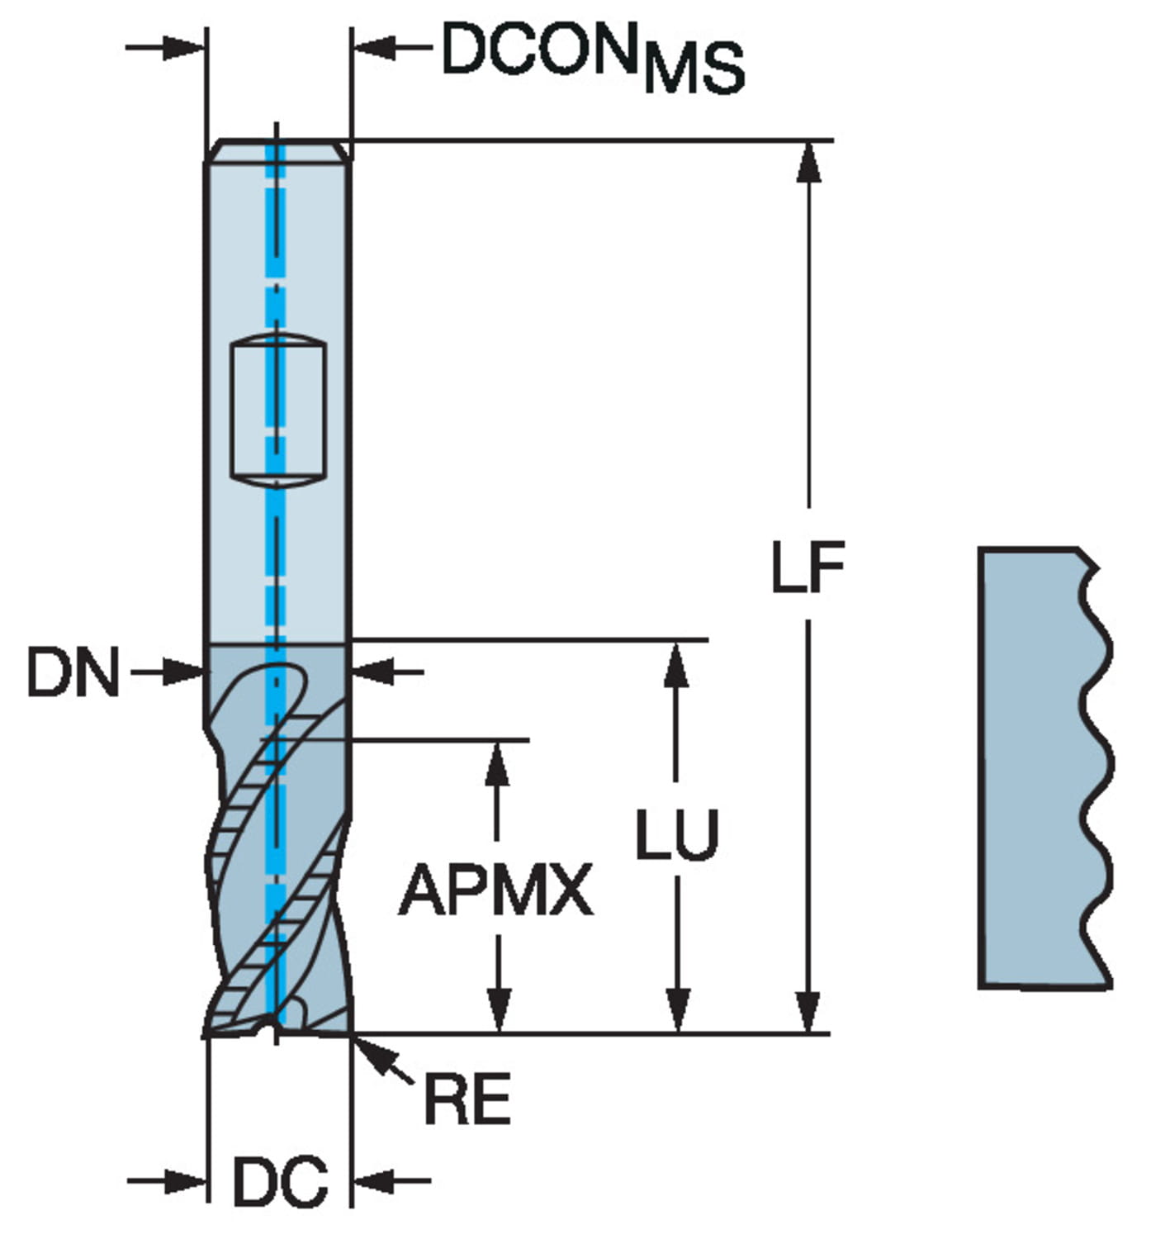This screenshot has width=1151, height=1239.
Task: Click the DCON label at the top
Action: click(542, 51)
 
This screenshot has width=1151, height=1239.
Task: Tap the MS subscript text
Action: click(694, 69)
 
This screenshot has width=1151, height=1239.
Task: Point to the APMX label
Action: click(495, 890)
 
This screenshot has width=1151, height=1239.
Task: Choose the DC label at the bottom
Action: click(280, 1182)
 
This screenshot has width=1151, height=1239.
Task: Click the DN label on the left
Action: click(73, 672)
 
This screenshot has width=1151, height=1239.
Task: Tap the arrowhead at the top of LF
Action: click(809, 160)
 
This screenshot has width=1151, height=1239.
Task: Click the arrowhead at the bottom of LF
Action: click(809, 1013)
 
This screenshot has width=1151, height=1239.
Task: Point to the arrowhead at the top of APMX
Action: click(496, 761)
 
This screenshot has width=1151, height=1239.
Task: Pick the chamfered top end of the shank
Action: click(278, 150)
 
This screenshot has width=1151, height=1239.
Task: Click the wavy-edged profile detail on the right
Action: click(1045, 768)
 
